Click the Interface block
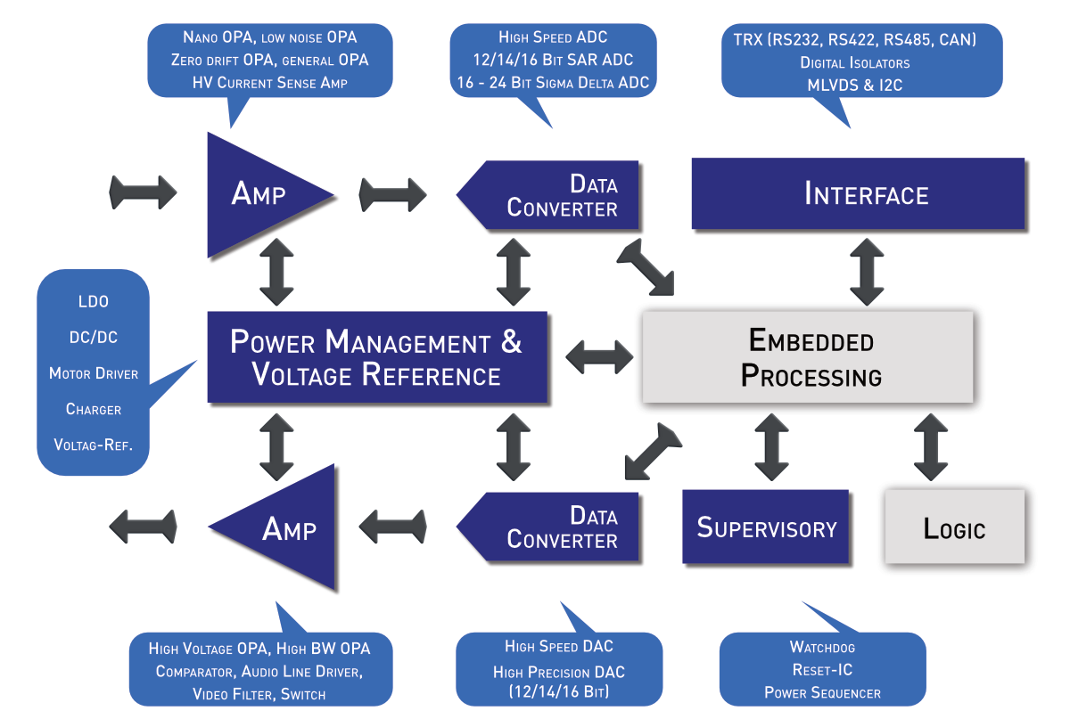coord(858,193)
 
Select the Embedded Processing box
coord(808,356)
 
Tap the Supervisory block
coord(765,527)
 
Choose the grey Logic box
coord(954,527)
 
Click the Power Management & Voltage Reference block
coord(377,356)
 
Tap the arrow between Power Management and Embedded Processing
coord(599,357)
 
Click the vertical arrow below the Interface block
coord(867,272)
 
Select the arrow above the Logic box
coord(931,447)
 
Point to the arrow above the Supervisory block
coord(771,447)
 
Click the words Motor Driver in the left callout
coord(94,373)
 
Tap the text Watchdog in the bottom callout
coord(822,648)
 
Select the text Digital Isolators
coord(855,62)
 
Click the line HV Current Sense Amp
coord(270,83)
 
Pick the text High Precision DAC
coord(559,672)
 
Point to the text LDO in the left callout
coord(94,301)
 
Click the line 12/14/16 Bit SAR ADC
coord(553,60)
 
